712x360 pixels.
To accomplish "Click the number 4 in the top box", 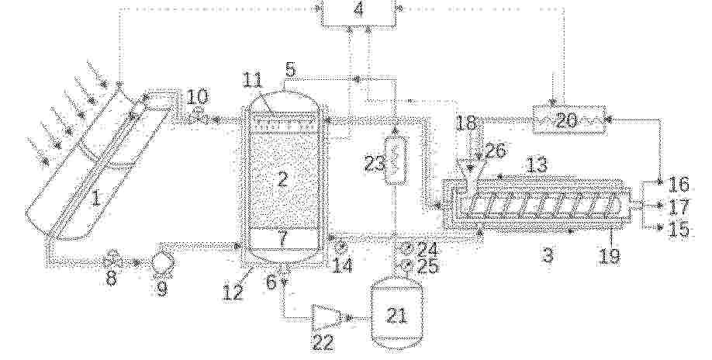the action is [359, 9].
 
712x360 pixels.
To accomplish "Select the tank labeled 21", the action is [397, 314].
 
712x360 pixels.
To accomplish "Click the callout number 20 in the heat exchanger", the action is [565, 120].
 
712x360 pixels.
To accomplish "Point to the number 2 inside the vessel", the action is [282, 180].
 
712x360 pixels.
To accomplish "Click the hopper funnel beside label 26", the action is [468, 171].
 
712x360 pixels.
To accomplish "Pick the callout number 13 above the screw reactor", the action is [537, 165].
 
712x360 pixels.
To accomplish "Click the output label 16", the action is [679, 184].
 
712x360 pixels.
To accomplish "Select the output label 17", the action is [679, 206].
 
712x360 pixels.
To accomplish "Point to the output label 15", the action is [679, 229].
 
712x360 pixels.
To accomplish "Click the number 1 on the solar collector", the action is [95, 199].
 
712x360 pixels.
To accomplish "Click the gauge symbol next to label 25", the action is [403, 268].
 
